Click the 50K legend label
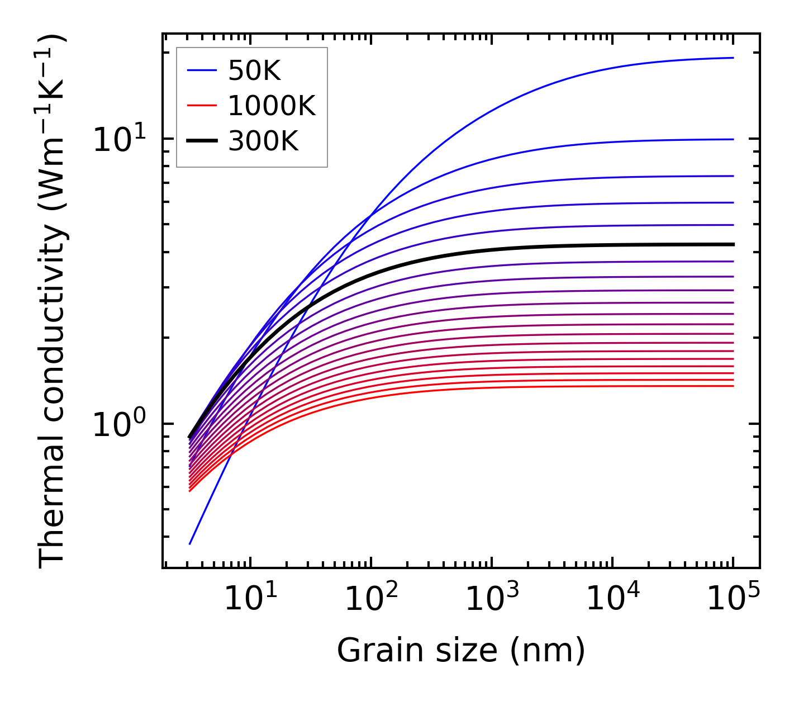[x=254, y=71]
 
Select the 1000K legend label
[x=272, y=106]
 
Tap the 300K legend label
[x=263, y=142]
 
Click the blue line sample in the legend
[x=201, y=70]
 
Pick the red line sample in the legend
[x=201, y=106]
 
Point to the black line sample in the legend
[x=201, y=141]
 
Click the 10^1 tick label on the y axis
[x=119, y=139]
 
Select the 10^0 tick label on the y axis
[x=119, y=425]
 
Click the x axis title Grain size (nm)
[x=461, y=650]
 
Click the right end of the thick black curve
[x=733, y=244]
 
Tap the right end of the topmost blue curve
[x=733, y=58]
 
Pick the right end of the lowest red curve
[x=733, y=386]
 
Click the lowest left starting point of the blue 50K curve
[x=190, y=543]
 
